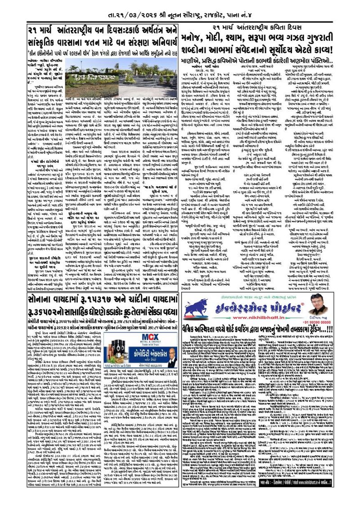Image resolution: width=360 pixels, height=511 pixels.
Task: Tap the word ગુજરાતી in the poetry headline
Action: (329, 37)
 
